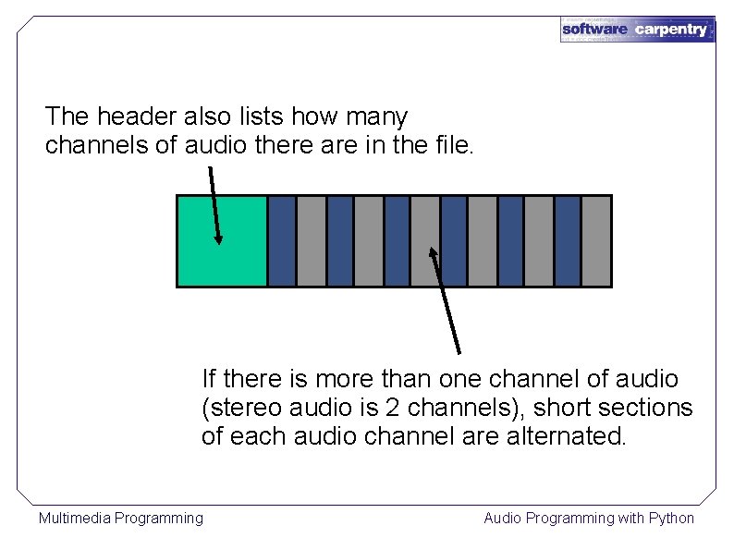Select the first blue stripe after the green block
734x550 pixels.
click(x=282, y=240)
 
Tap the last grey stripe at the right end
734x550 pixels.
click(x=596, y=240)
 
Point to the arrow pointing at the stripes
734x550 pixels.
click(x=446, y=299)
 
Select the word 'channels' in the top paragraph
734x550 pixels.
click(x=88, y=145)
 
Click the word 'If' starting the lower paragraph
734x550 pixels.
click(x=209, y=379)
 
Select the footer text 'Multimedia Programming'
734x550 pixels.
click(x=120, y=518)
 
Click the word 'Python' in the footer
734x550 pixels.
click(x=672, y=518)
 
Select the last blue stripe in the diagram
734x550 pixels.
click(x=568, y=240)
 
